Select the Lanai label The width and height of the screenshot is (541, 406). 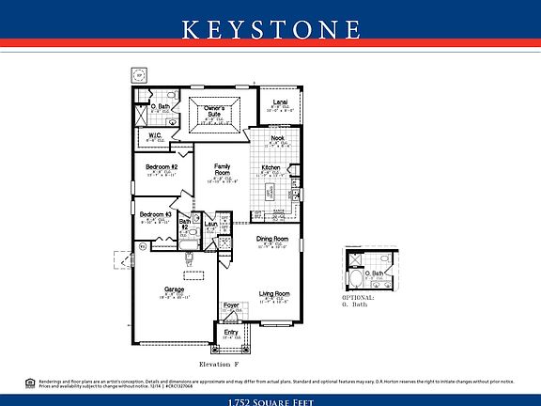click(280, 101)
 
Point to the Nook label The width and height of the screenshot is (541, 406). click(278, 138)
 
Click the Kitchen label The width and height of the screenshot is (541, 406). click(270, 167)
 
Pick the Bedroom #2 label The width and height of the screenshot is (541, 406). click(161, 167)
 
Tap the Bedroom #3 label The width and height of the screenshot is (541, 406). click(155, 215)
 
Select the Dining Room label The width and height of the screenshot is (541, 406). click(273, 240)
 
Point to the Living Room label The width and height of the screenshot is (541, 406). click(274, 293)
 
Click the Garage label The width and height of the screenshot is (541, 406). click(175, 289)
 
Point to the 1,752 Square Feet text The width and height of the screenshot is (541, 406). click(270, 400)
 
